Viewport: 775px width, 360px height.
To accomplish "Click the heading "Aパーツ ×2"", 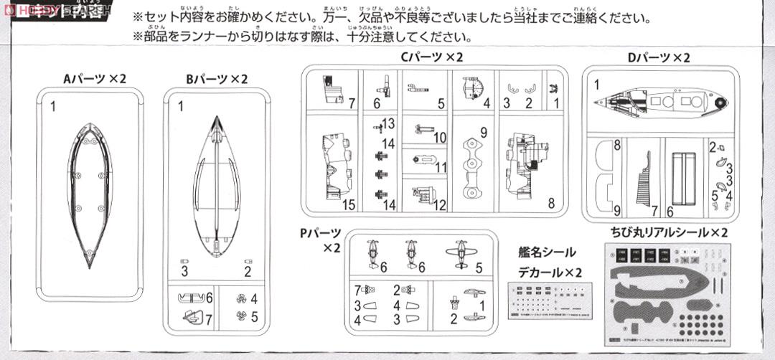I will click(x=93, y=79).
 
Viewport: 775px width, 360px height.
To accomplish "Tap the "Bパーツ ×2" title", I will click(x=212, y=79).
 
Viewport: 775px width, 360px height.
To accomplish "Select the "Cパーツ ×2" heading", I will click(x=432, y=57).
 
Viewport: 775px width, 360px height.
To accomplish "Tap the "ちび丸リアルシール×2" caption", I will click(x=665, y=233).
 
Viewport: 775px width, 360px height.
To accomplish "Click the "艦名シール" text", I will click(x=547, y=252).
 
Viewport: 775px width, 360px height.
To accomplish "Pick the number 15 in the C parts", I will click(x=349, y=204).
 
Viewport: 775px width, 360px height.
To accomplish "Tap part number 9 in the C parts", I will click(x=484, y=132).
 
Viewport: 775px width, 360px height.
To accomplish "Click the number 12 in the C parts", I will click(x=440, y=205).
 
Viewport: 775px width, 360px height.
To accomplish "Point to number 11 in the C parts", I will click(x=440, y=166).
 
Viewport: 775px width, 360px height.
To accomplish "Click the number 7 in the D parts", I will click(x=654, y=210).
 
